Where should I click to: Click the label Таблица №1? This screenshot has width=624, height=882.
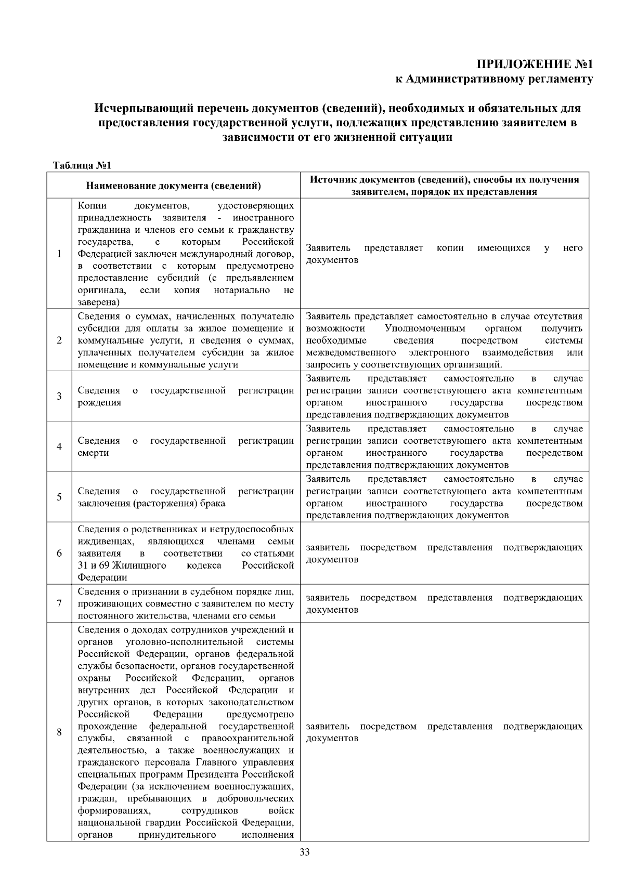(x=83, y=166)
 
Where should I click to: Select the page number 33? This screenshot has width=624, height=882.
(x=305, y=852)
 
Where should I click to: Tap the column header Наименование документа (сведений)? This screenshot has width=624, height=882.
(x=173, y=186)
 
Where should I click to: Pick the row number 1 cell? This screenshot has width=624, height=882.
(x=59, y=254)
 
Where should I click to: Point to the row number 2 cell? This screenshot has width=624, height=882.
(x=59, y=340)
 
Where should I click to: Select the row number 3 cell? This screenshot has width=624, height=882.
(x=59, y=396)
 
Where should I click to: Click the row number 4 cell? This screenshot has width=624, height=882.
(x=59, y=446)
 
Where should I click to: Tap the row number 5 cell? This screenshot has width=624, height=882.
(x=59, y=497)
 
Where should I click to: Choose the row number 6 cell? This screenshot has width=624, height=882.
(x=59, y=553)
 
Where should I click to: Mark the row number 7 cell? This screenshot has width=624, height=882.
(x=59, y=603)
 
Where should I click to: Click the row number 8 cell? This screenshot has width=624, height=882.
(x=59, y=732)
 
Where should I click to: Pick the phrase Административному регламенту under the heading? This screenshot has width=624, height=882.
(x=499, y=79)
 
